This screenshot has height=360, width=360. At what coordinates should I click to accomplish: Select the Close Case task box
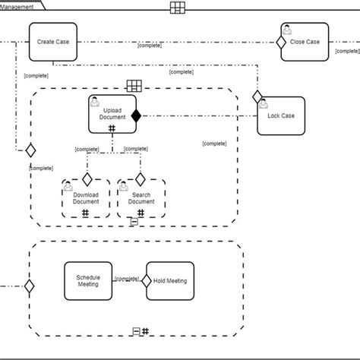[x=305, y=43]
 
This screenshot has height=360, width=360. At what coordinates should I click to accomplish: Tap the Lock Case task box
[x=282, y=115]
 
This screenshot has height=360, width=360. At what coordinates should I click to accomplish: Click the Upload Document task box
[x=112, y=114]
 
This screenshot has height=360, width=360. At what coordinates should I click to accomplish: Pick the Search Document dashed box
[x=141, y=199]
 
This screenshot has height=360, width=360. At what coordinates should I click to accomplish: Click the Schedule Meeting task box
[x=88, y=280]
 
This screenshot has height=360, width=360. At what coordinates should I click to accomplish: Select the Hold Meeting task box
[x=171, y=280]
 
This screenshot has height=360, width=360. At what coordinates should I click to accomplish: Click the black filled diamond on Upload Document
[x=137, y=115]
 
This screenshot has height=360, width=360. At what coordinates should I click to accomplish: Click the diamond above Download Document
[x=87, y=179]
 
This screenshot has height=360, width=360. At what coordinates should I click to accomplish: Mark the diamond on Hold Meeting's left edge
[x=147, y=279]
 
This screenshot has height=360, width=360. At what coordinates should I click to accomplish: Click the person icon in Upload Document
[x=95, y=101]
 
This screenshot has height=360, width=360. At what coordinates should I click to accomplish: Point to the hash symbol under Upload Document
[x=112, y=128]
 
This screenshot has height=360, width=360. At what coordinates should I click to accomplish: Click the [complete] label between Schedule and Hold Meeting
[x=126, y=279]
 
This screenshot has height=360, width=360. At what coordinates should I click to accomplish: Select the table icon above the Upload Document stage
[x=133, y=87]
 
